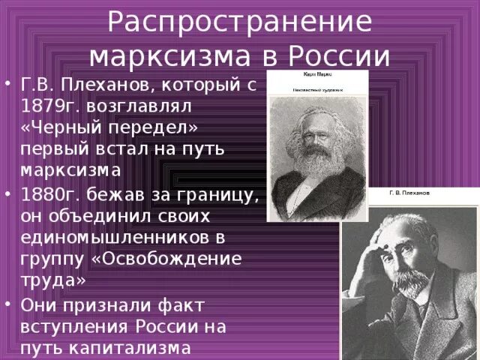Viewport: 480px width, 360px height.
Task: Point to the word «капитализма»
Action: click(140, 349)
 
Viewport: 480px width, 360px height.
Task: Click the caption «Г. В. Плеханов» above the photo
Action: click(409, 193)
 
